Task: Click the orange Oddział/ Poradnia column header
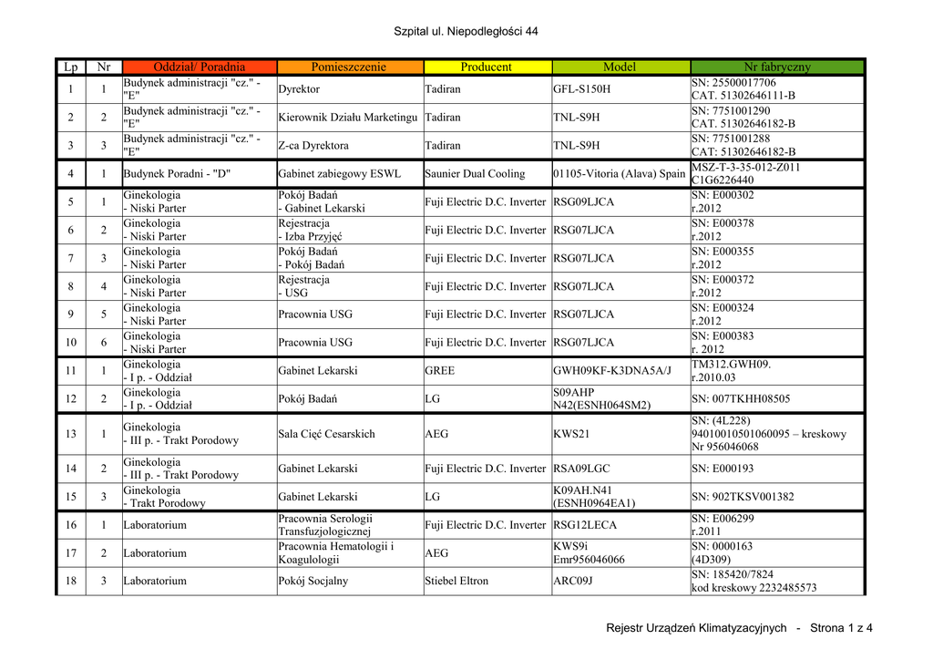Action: pyautogui.click(x=200, y=67)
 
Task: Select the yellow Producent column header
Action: pyautogui.click(x=487, y=67)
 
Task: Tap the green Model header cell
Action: pyautogui.click(x=620, y=67)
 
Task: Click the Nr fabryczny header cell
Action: pyautogui.click(x=776, y=67)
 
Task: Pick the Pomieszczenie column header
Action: pyautogui.click(x=349, y=67)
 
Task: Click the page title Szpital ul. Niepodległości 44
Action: pyautogui.click(x=466, y=32)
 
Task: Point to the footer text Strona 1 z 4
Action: pyautogui.click(x=841, y=627)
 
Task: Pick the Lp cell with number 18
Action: pyautogui.click(x=70, y=581)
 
